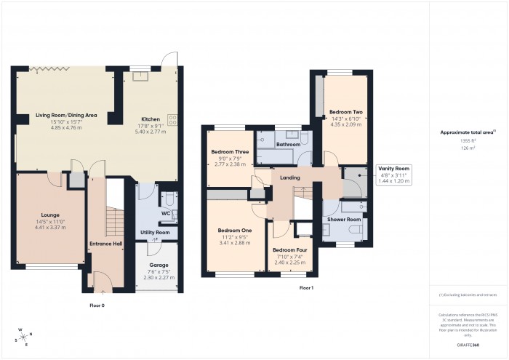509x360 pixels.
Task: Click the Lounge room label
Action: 50,215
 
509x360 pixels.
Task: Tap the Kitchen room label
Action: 150,119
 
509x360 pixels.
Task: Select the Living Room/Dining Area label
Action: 62,115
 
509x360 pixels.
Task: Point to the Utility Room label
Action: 155,232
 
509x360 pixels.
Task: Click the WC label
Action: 165,213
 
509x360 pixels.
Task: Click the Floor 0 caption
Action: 97,306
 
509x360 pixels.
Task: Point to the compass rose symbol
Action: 25,336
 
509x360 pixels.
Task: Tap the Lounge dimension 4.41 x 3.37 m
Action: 50,228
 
